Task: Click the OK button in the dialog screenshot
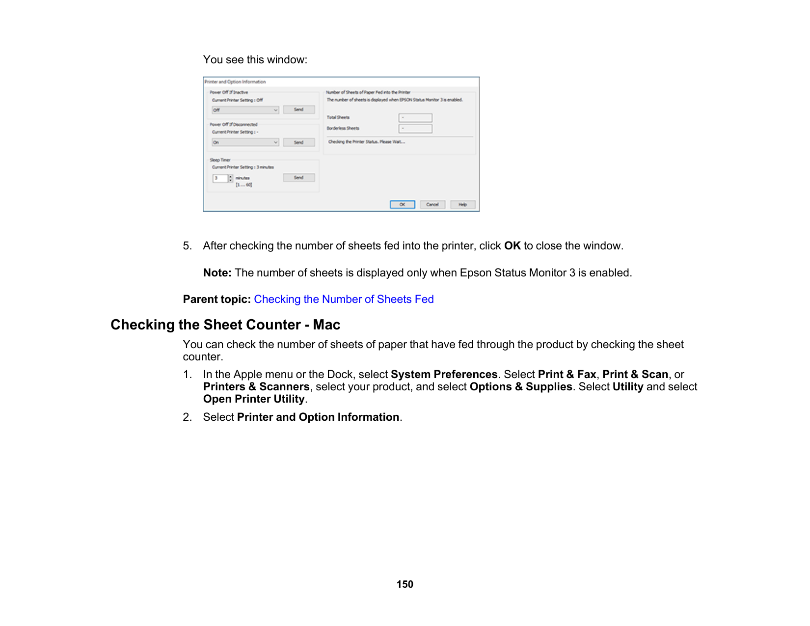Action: (x=403, y=204)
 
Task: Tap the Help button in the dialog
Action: (x=462, y=204)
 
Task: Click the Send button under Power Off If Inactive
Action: (x=298, y=109)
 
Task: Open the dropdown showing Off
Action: (x=245, y=110)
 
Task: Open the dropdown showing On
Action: (x=245, y=142)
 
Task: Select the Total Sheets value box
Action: (x=415, y=118)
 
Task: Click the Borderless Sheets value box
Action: (x=415, y=129)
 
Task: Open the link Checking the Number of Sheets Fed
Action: (x=344, y=299)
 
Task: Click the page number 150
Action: (x=405, y=584)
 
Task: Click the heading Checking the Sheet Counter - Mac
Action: (x=225, y=325)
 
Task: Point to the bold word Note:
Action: (x=217, y=273)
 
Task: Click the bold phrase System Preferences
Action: (x=444, y=375)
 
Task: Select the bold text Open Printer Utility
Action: (x=254, y=399)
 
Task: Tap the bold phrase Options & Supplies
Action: (x=521, y=387)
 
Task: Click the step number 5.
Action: (x=187, y=246)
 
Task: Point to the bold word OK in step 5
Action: (x=512, y=246)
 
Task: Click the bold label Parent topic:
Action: (x=216, y=299)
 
